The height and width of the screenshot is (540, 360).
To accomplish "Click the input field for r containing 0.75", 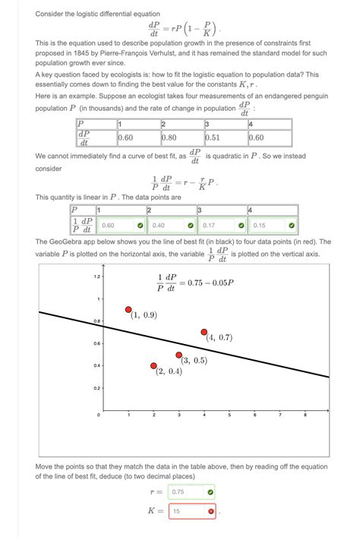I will (x=187, y=491).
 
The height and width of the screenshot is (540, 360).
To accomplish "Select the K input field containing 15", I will (x=187, y=511).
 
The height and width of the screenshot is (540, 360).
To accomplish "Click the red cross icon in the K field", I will (x=210, y=511).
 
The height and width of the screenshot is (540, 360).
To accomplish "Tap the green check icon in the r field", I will (x=210, y=491).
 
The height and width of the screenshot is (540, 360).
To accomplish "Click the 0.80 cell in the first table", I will (x=182, y=138).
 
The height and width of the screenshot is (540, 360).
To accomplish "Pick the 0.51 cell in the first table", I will (x=226, y=138).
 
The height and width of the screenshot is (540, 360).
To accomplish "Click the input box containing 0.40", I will (x=171, y=225).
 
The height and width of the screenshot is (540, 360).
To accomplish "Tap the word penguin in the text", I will (x=301, y=98).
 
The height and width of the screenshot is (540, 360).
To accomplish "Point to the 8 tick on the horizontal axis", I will (x=305, y=415).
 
